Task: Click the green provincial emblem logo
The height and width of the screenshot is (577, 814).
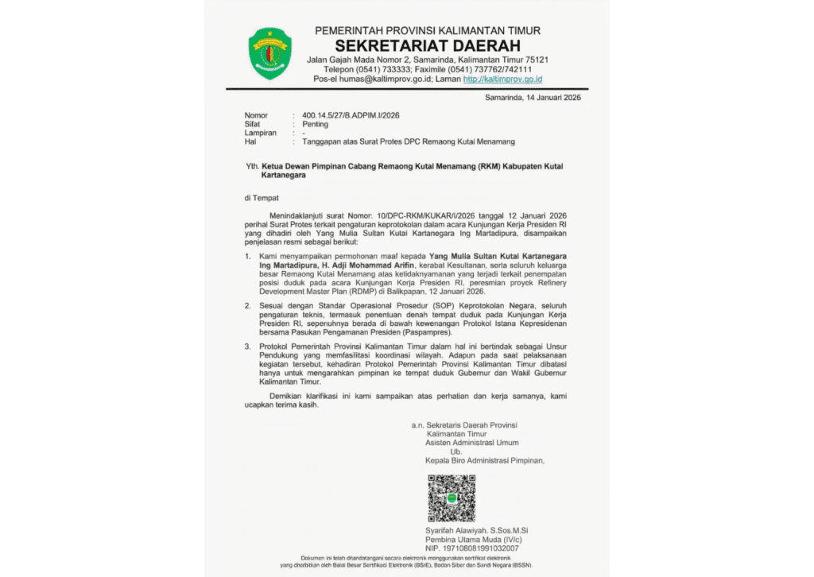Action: [270, 53]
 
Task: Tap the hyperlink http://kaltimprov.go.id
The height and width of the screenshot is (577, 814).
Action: [502, 79]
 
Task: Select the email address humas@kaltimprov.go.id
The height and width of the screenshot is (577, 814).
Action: [386, 79]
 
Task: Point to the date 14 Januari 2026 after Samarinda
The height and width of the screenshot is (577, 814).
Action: [549, 97]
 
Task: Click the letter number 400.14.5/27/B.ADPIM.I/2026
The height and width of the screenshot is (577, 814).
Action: [345, 115]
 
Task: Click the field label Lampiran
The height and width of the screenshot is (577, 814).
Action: [260, 133]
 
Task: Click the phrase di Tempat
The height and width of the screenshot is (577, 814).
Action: [262, 197]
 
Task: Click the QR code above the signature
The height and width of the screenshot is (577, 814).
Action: [452, 498]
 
